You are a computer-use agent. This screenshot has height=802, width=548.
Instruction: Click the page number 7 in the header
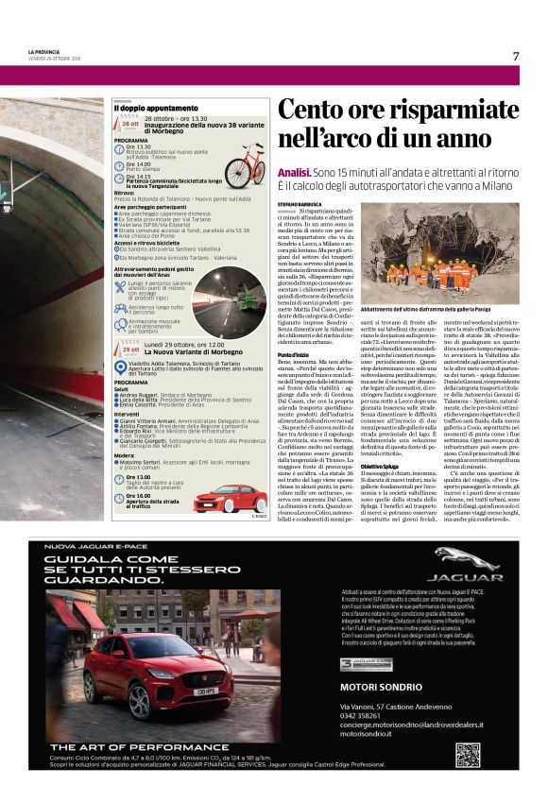(x=516, y=56)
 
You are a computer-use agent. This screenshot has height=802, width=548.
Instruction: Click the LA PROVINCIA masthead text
(x=44, y=51)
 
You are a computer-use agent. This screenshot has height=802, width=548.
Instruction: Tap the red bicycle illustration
(x=245, y=164)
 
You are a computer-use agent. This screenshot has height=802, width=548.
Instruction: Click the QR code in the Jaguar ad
(x=467, y=755)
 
